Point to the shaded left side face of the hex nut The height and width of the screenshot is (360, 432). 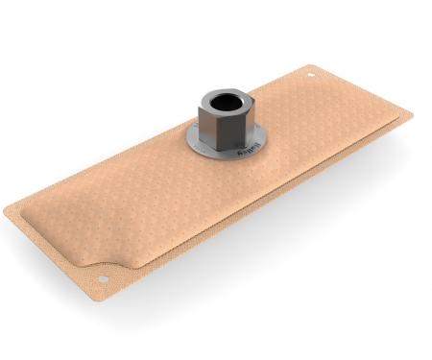coord(206,123)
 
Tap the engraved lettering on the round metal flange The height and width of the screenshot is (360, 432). coord(238,152)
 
